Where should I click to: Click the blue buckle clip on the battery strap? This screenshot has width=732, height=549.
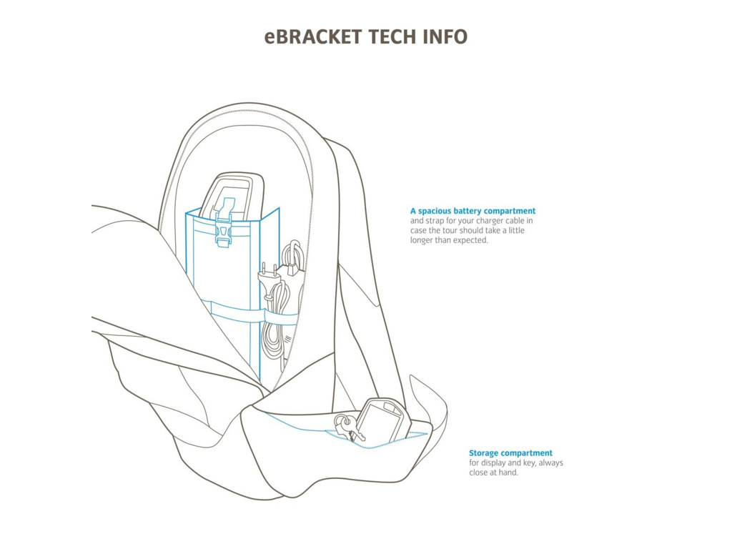pos(224,232)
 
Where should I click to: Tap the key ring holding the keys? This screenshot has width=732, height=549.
pos(342,420)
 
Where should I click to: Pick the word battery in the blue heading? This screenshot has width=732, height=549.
pos(470,212)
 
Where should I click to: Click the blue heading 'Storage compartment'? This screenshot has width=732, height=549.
pos(510,453)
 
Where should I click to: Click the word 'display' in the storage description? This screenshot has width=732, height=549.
pos(495,463)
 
